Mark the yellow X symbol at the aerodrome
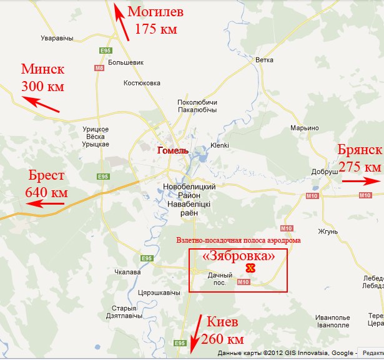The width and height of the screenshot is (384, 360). tap(250, 268)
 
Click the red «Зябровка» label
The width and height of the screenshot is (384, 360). tap(239, 256)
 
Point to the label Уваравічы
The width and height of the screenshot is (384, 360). tap(56, 38)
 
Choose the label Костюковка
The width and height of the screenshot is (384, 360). tap(142, 83)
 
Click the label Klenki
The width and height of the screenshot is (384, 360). tap(220, 145)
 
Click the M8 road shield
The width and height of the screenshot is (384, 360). tap(99, 67)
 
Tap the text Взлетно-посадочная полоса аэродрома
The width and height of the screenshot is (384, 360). tap(239, 240)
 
